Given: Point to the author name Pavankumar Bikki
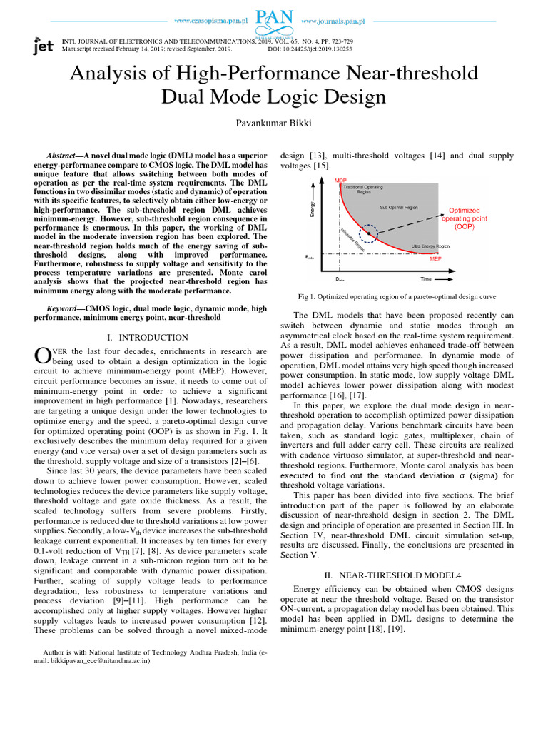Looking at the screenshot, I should click(274, 123).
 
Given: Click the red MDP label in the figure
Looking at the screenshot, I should click(341, 181).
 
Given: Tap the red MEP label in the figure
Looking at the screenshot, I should click(436, 260).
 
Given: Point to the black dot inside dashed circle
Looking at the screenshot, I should click(369, 233).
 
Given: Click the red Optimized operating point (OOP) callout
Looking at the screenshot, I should click(464, 218).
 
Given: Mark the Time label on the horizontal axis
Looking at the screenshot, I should click(425, 279).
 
